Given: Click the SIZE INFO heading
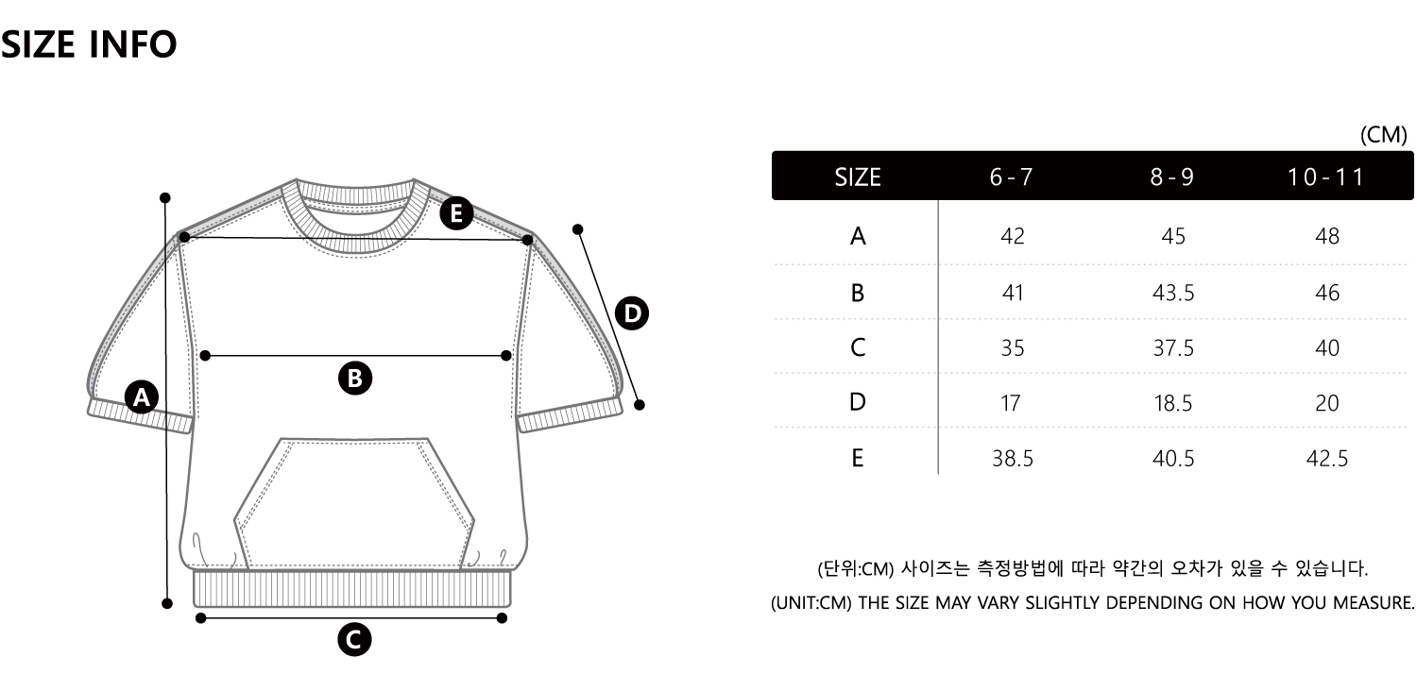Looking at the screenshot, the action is tap(89, 44).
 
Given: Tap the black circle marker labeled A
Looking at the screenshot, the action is tap(142, 397).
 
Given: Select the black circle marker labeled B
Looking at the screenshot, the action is tap(355, 379).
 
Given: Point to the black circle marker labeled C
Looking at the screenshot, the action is tap(354, 640).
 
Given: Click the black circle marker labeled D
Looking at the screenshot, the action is tap(631, 313).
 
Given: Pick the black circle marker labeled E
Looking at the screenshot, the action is tap(457, 214).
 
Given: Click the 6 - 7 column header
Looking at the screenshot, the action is tap(1012, 177).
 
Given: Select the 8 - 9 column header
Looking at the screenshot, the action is tap(1172, 177).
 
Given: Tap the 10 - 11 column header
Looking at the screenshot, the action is tap(1326, 177).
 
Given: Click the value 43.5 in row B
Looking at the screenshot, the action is tap(1172, 293).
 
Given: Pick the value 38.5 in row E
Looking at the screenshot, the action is tap(1012, 459).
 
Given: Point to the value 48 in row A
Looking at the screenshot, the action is tap(1326, 236).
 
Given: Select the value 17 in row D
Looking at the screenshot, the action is tap(1011, 403).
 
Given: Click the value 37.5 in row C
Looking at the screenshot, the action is tap(1172, 348).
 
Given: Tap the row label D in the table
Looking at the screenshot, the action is tap(858, 403).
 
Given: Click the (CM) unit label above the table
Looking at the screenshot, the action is tap(1383, 135).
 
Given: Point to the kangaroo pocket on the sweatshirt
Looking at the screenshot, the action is tap(354, 500).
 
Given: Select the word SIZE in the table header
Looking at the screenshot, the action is tap(858, 177).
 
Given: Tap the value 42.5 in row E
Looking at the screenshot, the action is tap(1326, 459).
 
